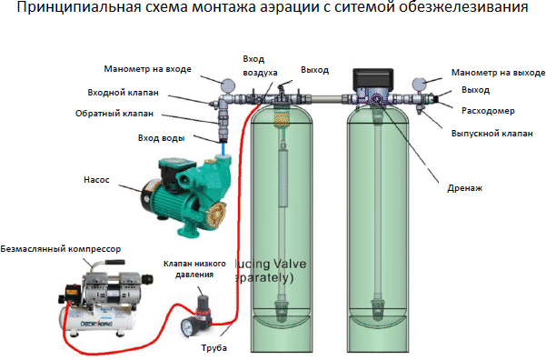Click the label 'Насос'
97,180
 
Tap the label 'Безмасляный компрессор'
61,247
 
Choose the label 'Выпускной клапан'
491,133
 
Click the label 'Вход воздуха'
261,65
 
